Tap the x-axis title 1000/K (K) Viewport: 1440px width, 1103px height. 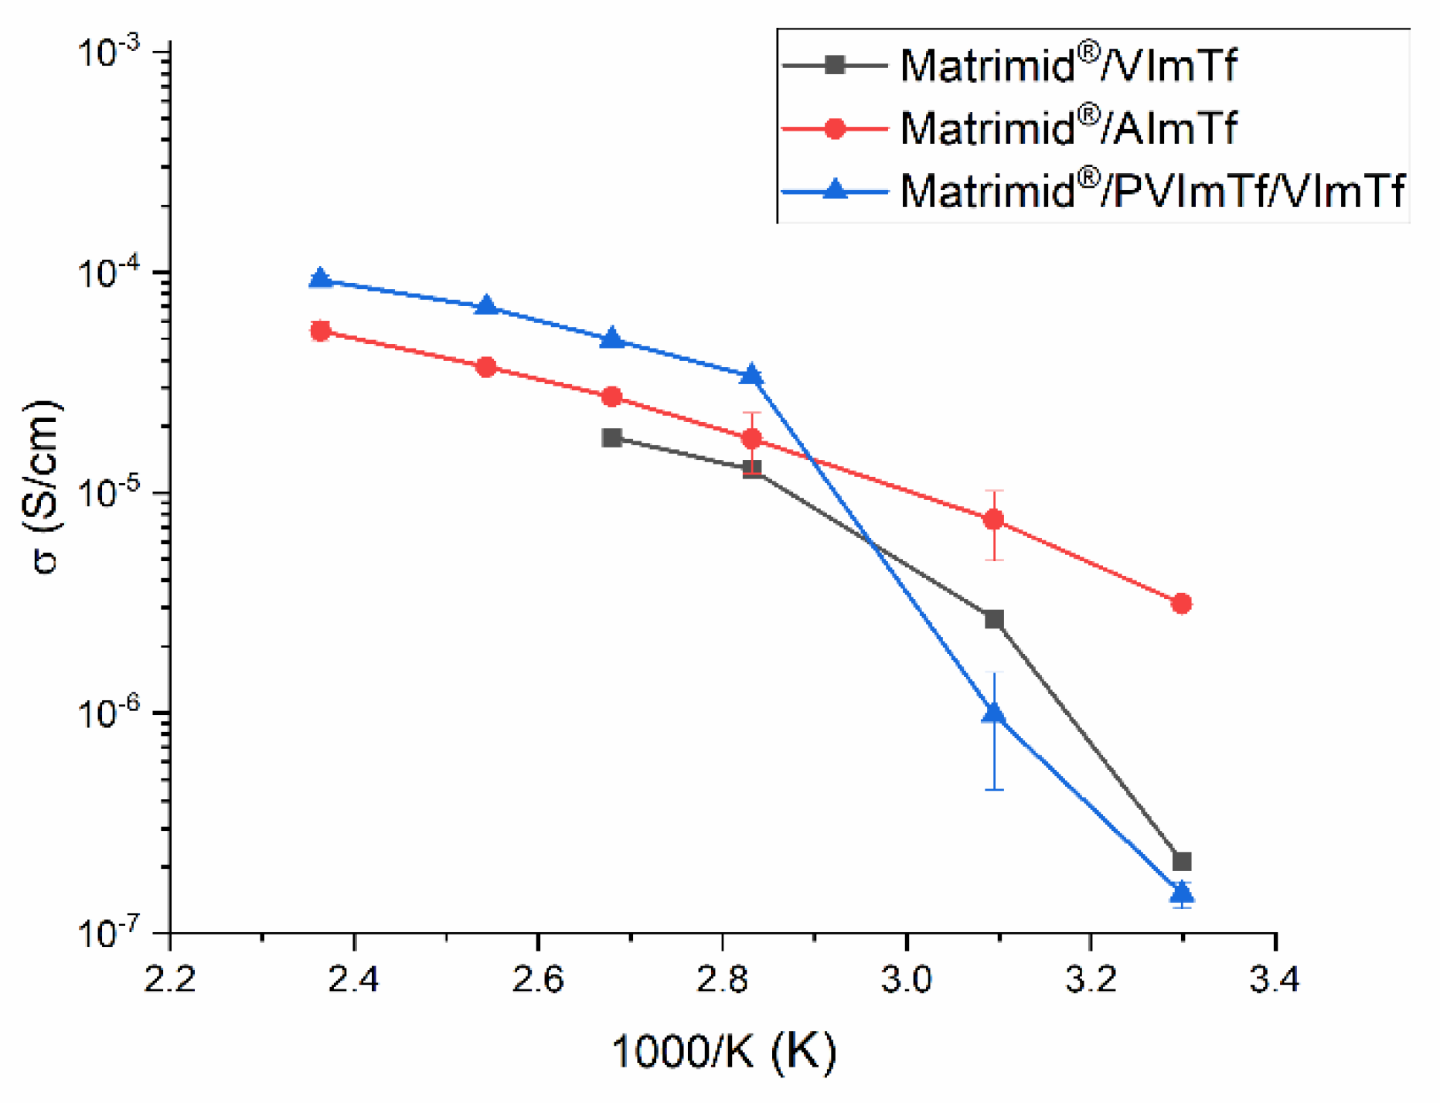point(724,1052)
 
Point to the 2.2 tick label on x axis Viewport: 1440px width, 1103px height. point(169,980)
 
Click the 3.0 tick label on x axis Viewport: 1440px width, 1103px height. point(906,980)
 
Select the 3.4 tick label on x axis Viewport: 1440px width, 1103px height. point(1275,980)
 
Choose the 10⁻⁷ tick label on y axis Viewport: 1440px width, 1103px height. point(108,933)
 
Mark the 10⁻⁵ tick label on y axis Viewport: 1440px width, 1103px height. point(108,493)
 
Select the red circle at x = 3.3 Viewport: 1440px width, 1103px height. point(1181,604)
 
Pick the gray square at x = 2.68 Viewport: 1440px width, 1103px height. point(612,438)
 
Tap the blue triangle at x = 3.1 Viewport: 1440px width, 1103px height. point(994,713)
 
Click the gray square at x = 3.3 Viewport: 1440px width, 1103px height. point(1181,861)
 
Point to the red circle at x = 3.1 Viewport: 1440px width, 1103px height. point(994,519)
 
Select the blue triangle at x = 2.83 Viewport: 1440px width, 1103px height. point(752,376)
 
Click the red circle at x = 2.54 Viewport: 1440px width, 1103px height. point(486,367)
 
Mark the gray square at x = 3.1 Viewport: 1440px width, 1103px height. point(994,619)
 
